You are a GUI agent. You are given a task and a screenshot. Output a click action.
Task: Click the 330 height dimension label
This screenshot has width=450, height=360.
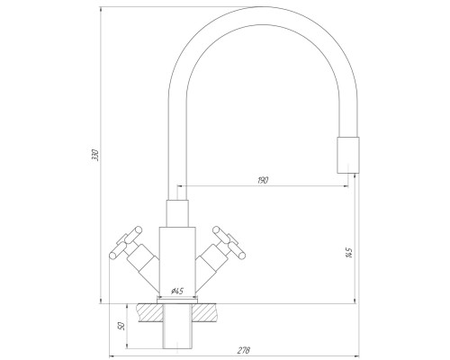pos(95,155)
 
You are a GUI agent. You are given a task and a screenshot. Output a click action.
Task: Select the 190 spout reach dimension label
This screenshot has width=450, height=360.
pos(263,180)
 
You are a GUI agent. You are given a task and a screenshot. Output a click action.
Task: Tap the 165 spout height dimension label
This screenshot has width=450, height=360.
pos(348,253)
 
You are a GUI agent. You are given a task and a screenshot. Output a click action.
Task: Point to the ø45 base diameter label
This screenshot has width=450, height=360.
pos(177,291)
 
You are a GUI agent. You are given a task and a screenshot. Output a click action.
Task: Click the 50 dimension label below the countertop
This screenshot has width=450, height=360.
pos(121,326)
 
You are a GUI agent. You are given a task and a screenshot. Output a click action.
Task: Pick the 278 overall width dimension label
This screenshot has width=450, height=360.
pos(244,350)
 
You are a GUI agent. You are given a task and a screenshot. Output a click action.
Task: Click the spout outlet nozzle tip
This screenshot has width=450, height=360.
pos(348,155)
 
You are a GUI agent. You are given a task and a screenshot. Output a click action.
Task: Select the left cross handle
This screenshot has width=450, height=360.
pos(125,242)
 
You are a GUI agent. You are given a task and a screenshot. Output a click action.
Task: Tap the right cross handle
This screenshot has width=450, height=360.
pos(229,242)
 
